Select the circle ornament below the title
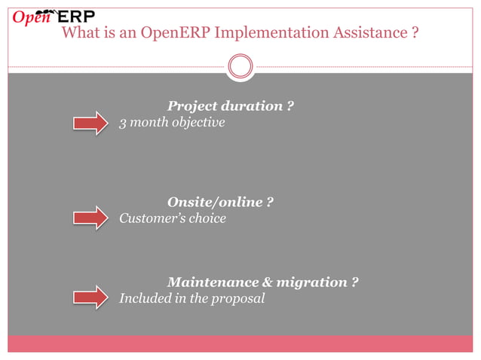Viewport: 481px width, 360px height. click(x=240, y=66)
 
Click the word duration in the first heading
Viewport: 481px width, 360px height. click(x=251, y=106)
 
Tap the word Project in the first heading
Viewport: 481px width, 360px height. click(x=192, y=106)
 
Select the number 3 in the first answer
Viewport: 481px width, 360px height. click(x=124, y=123)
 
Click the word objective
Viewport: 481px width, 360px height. click(x=198, y=123)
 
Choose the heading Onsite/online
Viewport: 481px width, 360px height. click(x=215, y=203)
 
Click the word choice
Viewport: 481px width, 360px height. click(x=207, y=219)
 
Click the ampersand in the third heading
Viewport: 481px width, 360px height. click(x=268, y=282)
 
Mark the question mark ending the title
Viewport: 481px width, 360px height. click(x=415, y=34)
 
